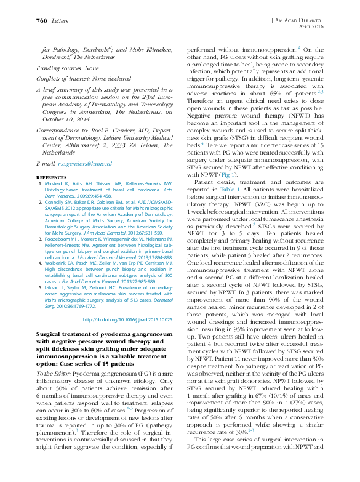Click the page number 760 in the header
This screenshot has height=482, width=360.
(x=41, y=21)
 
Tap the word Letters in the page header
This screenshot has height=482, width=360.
(x=60, y=21)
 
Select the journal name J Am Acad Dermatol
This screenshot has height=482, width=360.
(x=298, y=20)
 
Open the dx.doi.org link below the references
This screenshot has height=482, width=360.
(x=130, y=319)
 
